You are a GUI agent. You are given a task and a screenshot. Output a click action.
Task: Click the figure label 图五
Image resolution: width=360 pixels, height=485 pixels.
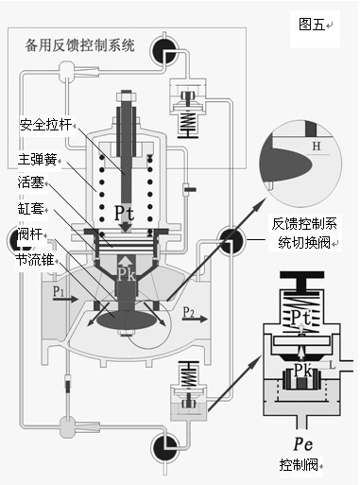click(x=312, y=24)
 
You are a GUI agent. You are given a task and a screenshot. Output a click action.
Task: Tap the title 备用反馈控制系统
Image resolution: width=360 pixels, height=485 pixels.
click(x=80, y=45)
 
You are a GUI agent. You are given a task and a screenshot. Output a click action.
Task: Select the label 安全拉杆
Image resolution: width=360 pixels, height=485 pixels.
click(x=45, y=125)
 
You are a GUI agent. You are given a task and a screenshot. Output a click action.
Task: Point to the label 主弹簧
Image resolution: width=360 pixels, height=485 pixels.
click(x=38, y=160)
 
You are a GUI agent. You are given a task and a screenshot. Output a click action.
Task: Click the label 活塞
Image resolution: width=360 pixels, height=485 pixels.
click(x=31, y=182)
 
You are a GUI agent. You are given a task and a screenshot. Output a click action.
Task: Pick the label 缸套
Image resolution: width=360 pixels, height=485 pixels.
click(x=31, y=209)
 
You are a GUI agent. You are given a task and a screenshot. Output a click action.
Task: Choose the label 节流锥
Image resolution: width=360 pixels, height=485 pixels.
click(x=35, y=260)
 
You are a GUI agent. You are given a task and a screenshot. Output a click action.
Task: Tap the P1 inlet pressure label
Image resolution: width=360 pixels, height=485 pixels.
click(x=59, y=290)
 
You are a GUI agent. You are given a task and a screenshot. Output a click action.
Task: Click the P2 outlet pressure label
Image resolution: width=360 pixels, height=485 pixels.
click(x=189, y=312)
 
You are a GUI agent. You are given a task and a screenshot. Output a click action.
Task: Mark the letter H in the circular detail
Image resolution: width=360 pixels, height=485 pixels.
click(x=317, y=146)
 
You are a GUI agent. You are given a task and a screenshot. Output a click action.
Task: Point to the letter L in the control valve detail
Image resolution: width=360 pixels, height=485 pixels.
click(x=332, y=365)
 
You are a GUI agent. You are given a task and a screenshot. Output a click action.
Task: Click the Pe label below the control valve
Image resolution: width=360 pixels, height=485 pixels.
click(x=303, y=444)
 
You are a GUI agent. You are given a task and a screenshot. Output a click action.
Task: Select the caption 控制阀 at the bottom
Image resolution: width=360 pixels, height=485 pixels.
click(x=299, y=465)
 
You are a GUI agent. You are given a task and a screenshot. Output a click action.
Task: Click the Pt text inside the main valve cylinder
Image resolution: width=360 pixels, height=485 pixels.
click(x=124, y=213)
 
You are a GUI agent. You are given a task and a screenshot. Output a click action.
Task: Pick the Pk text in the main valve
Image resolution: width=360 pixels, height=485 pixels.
click(x=127, y=275)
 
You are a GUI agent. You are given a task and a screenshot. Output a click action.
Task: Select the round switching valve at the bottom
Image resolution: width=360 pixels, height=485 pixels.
click(x=164, y=448)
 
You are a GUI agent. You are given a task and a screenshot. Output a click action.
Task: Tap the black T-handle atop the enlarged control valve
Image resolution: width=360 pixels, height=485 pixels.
click(x=301, y=281)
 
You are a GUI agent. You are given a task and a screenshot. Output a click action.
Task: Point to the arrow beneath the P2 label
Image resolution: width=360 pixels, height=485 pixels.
click(x=195, y=320)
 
